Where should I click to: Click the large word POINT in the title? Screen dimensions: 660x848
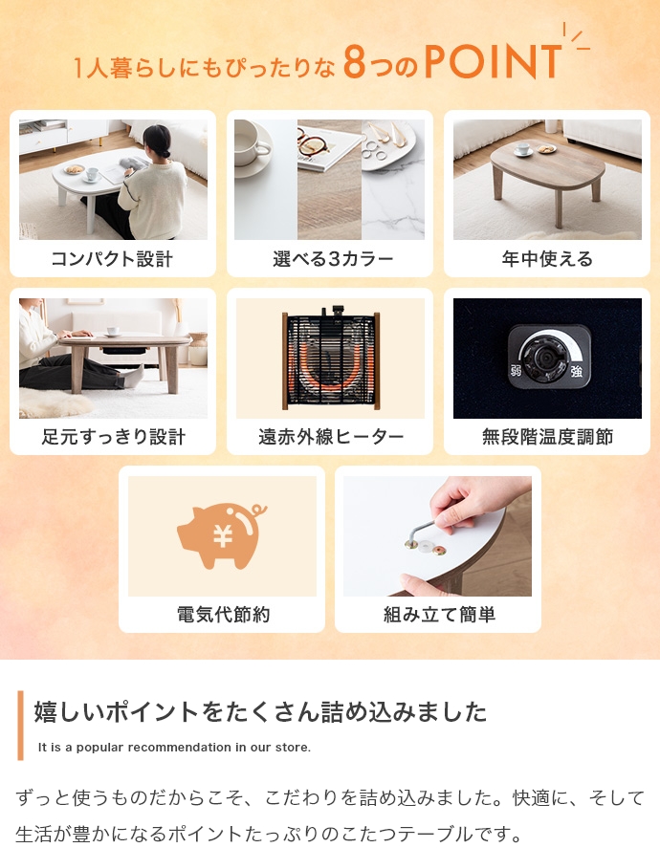point(494,61)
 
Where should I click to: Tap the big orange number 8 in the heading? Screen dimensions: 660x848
point(355,61)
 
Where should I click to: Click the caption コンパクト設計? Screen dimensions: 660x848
point(112,259)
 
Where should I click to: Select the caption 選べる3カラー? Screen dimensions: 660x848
point(333,259)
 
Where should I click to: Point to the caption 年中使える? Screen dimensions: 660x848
point(547,259)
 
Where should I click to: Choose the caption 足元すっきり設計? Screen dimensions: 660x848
point(114,437)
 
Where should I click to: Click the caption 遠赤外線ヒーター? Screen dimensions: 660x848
point(331,437)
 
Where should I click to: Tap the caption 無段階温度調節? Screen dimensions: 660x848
point(547,437)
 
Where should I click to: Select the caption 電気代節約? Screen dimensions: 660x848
point(224,615)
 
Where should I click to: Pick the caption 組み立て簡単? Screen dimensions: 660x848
point(439,615)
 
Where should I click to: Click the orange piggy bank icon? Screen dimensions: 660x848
point(221,535)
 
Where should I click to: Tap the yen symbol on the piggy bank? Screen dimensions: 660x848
point(223,536)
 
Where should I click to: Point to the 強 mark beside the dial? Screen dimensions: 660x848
point(577,372)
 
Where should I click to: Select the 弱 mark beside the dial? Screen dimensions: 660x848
point(517,372)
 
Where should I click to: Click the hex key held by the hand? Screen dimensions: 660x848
point(422,532)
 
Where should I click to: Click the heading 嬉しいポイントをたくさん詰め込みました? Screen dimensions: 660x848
point(261,711)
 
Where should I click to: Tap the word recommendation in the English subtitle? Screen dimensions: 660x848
point(180,748)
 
